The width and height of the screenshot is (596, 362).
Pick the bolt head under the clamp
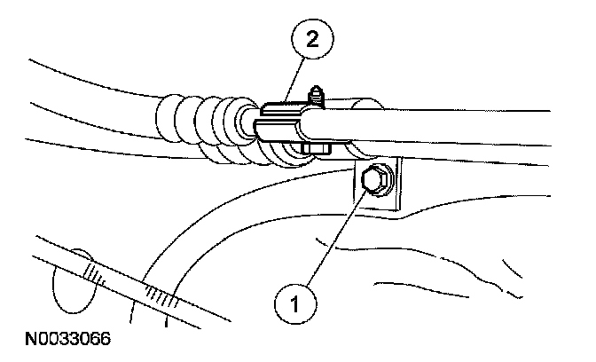(x=312, y=148)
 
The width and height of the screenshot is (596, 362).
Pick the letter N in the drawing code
(x=19, y=339)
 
